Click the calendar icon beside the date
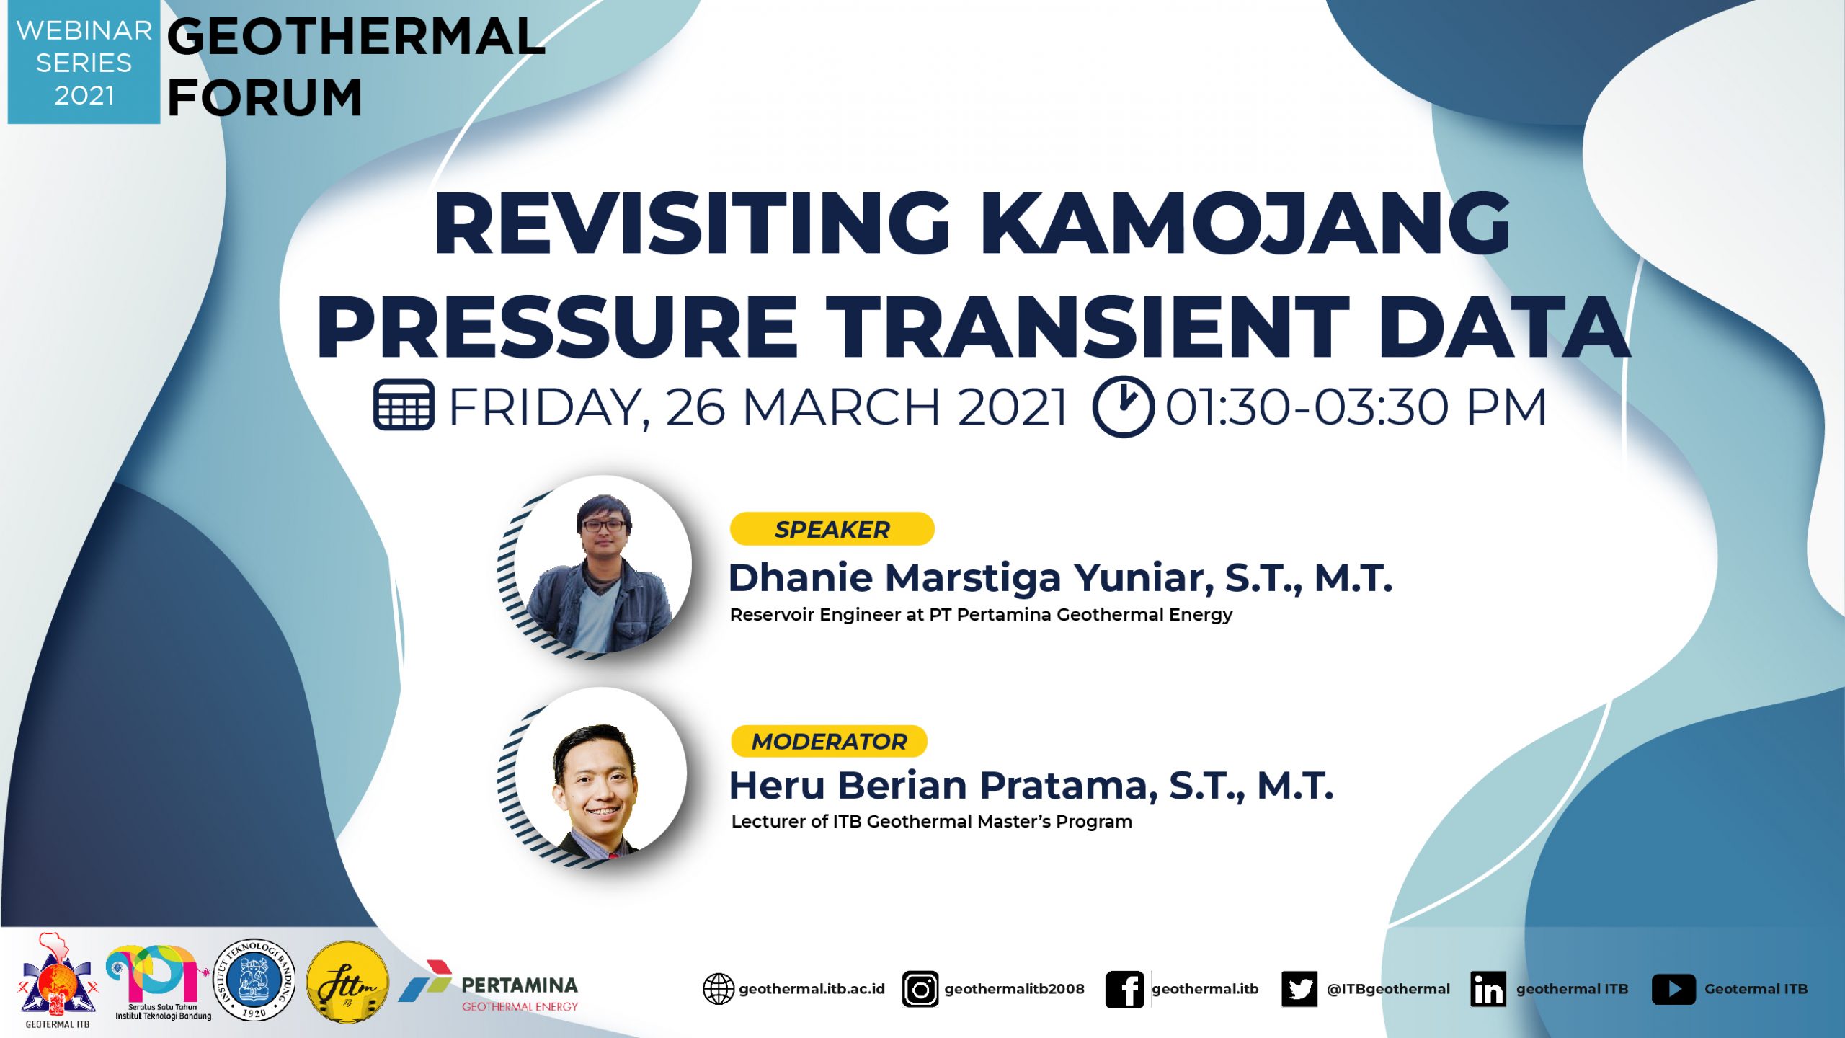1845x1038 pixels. click(x=404, y=405)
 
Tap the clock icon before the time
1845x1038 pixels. click(x=1123, y=406)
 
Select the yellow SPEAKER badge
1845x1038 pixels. click(x=832, y=529)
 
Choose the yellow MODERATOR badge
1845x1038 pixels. click(x=829, y=741)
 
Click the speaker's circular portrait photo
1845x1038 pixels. click(x=603, y=565)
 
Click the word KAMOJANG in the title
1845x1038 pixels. click(x=1245, y=223)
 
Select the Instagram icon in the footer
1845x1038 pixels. click(x=920, y=989)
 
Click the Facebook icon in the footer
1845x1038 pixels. click(x=1125, y=989)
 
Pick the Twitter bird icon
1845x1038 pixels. click(x=1299, y=989)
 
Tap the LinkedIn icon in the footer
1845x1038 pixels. click(x=1488, y=989)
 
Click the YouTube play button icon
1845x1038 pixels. click(x=1673, y=989)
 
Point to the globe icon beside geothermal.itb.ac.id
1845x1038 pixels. click(x=719, y=989)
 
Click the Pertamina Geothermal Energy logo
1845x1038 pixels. click(x=489, y=986)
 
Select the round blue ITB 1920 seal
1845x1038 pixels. click(x=255, y=980)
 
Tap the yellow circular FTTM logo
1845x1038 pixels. click(x=347, y=981)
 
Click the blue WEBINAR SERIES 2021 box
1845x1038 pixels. click(x=84, y=62)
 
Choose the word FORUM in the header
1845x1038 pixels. click(x=264, y=98)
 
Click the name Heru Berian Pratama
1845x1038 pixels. click(x=943, y=785)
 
